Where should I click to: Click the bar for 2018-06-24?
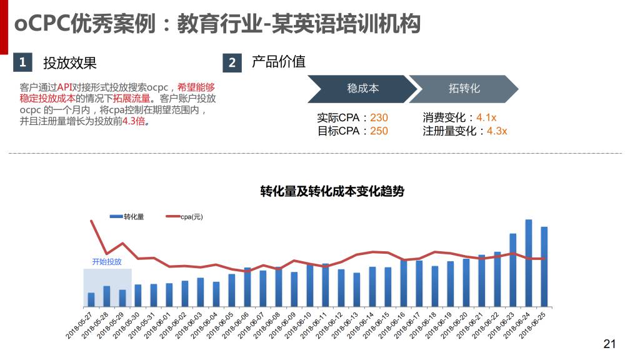point(528,262)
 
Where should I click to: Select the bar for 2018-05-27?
point(91,299)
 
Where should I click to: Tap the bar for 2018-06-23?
point(512,269)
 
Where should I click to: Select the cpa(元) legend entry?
point(184,217)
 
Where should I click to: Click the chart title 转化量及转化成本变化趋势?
point(332,192)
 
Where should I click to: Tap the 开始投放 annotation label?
point(107,262)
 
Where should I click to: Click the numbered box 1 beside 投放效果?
point(22,62)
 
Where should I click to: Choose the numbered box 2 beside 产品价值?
point(232,62)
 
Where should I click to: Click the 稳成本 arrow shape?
point(362,89)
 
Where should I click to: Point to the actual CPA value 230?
point(379,117)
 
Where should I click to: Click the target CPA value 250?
point(379,131)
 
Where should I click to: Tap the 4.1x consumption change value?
point(486,117)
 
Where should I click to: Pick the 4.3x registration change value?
point(497,131)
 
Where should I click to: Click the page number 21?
point(609,344)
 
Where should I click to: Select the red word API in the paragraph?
point(66,87)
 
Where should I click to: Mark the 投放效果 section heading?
point(70,62)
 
